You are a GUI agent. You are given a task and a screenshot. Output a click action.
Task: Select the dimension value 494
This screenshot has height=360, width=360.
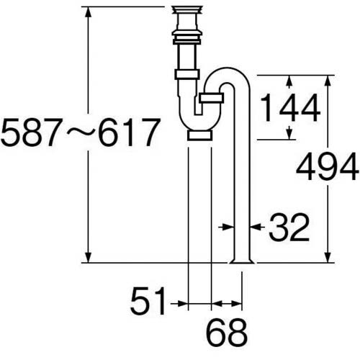point(328,170)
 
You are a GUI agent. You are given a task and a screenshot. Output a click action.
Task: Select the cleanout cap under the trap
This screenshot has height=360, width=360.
point(199,135)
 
